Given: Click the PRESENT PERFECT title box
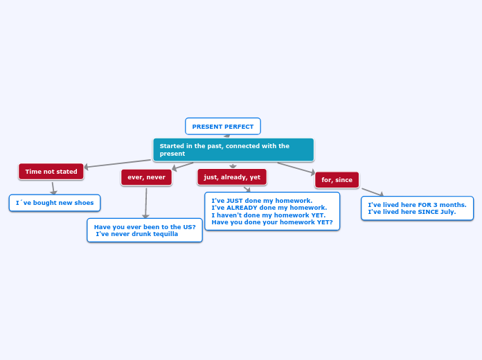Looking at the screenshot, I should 223,127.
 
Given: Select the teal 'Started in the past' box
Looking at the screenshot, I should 233,150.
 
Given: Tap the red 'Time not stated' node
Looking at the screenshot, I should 51,172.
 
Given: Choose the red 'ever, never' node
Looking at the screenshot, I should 146,177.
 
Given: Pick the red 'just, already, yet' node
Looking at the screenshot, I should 232,177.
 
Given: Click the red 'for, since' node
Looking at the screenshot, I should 337,180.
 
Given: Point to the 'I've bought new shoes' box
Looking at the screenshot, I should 55,203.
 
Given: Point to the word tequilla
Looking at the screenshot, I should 163,234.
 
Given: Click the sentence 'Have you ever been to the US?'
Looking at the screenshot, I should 145,227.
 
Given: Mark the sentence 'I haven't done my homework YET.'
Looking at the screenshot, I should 269,215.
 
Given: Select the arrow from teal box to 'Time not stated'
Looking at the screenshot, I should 118,163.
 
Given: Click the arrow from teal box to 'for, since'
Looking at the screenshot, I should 296,168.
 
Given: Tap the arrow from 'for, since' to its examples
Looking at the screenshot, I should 373,192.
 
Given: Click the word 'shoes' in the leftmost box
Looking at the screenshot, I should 83,203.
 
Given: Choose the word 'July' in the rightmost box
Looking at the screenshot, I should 447,212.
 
